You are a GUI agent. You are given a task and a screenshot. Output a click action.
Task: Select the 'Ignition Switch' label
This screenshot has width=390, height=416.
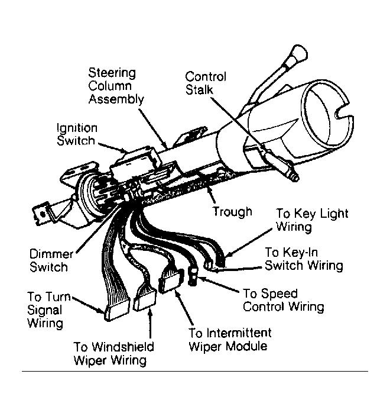click(x=76, y=134)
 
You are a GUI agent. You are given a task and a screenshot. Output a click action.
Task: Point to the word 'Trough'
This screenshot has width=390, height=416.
click(x=232, y=211)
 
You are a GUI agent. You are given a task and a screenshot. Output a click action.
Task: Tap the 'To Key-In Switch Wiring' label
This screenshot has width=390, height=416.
click(x=304, y=259)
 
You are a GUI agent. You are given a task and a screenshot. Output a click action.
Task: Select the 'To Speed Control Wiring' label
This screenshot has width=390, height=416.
click(x=283, y=300)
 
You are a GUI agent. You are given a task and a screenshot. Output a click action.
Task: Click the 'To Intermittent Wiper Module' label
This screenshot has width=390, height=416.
click(x=230, y=339)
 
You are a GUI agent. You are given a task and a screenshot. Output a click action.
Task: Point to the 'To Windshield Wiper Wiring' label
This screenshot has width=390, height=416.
click(x=114, y=353)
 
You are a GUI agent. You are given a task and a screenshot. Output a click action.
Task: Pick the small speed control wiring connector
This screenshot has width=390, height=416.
click(x=193, y=275)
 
